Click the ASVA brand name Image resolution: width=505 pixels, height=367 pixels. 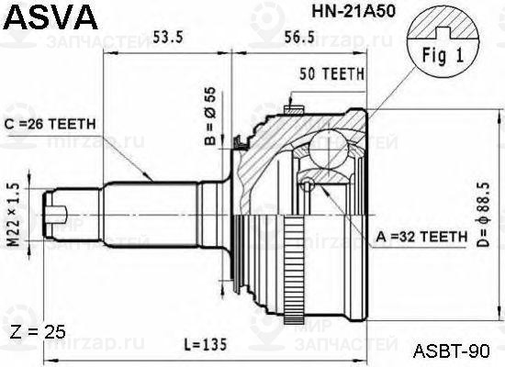click(49, 17)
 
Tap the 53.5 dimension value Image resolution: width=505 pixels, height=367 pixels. click(169, 38)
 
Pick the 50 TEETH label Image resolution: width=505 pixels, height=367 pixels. click(331, 73)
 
